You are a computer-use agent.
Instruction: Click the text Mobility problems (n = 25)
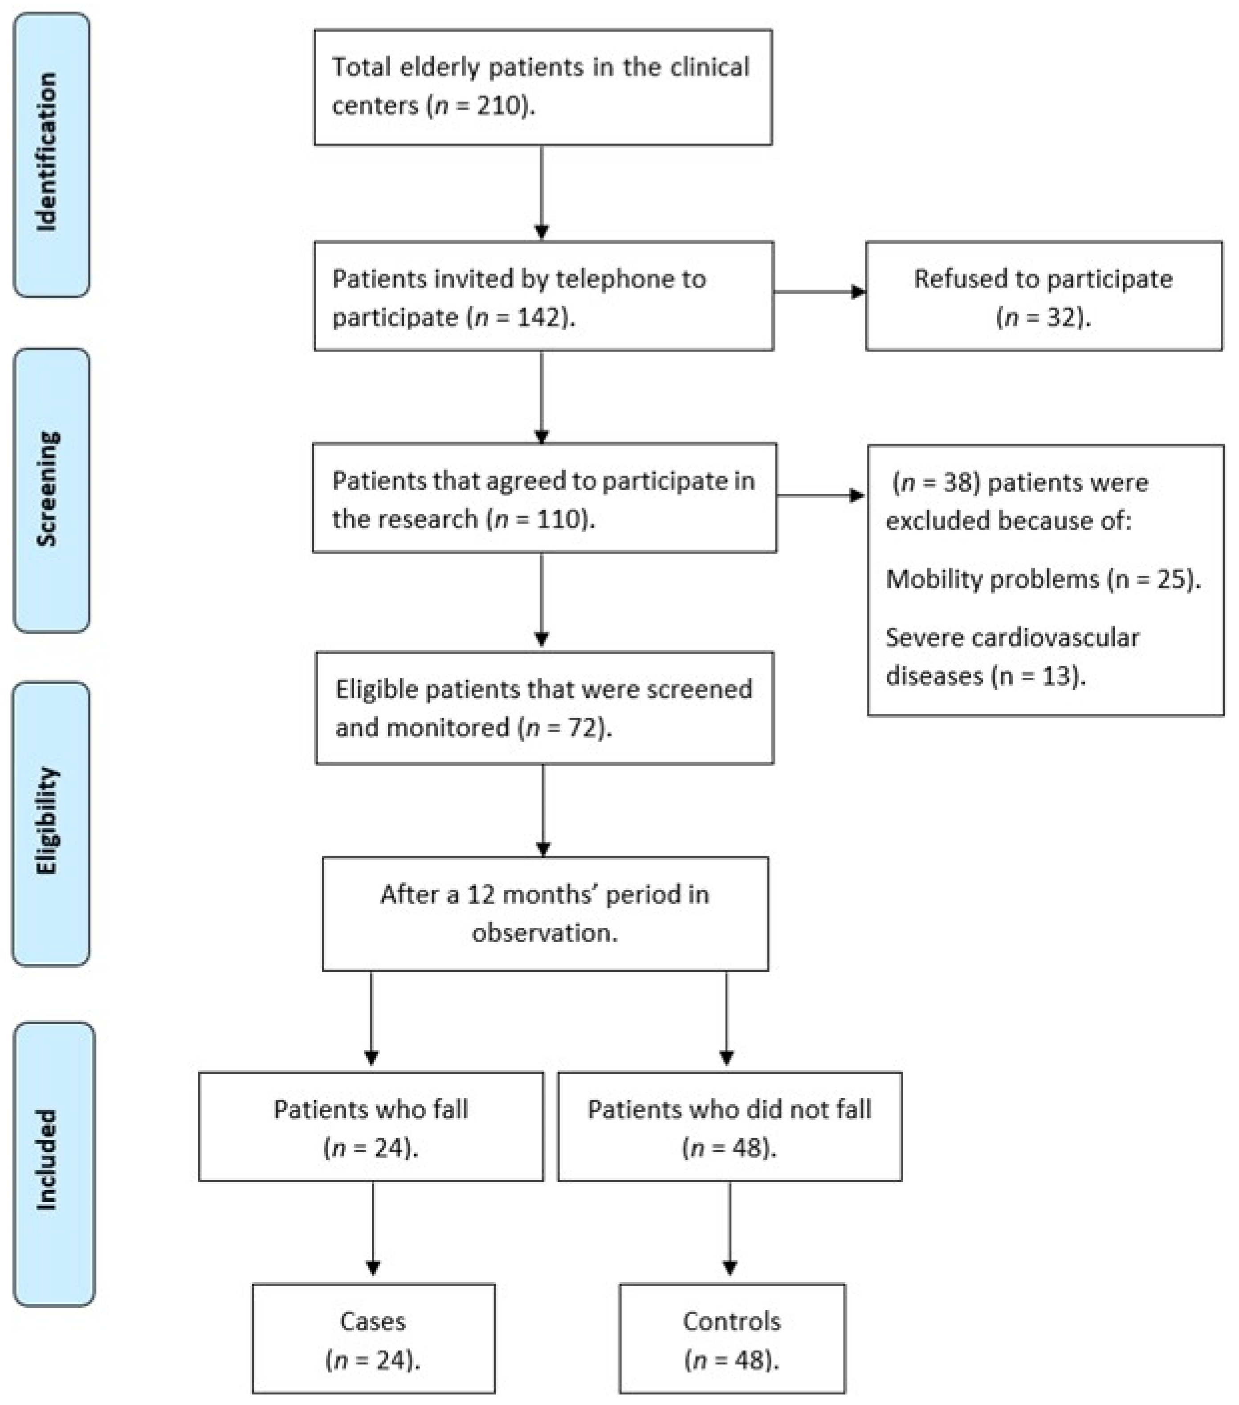1043,579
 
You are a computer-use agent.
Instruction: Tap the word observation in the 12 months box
544,933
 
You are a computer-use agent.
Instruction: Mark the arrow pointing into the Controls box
730,1230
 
